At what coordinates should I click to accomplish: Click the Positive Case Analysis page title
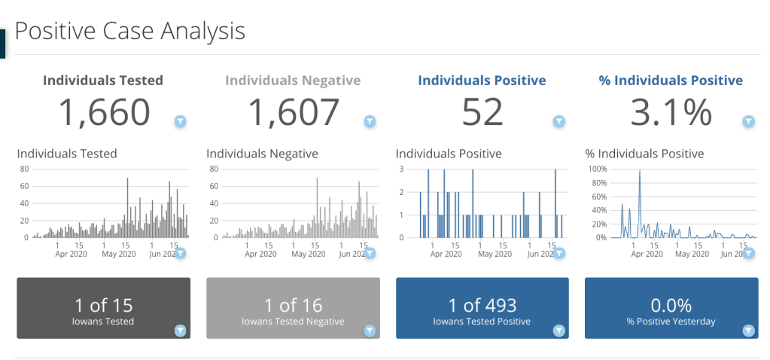coord(129,31)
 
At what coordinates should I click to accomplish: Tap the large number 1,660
coord(104,113)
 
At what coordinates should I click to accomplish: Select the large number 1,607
coord(294,113)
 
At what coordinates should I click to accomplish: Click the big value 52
coord(482,113)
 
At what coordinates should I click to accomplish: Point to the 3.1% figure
coord(671,113)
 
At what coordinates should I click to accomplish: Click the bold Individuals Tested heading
coord(102,81)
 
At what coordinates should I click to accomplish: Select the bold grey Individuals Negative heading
coord(293,81)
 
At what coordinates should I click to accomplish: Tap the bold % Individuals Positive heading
coord(671,81)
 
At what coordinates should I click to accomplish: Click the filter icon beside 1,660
coord(181,121)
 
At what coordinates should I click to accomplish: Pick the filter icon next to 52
coord(559,121)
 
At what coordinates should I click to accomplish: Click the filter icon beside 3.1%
coord(748,121)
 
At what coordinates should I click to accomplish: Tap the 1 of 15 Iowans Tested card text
coord(104,305)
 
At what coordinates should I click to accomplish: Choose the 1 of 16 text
coord(293,305)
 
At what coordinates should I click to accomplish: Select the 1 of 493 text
coord(482,305)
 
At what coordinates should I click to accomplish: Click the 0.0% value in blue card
coord(671,305)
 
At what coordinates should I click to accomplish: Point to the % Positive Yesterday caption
coord(671,322)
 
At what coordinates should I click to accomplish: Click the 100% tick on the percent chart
coord(597,169)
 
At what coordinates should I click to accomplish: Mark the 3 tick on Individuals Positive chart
coord(403,169)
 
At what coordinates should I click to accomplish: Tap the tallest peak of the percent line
coord(640,171)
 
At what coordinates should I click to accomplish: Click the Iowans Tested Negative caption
coord(293,322)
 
